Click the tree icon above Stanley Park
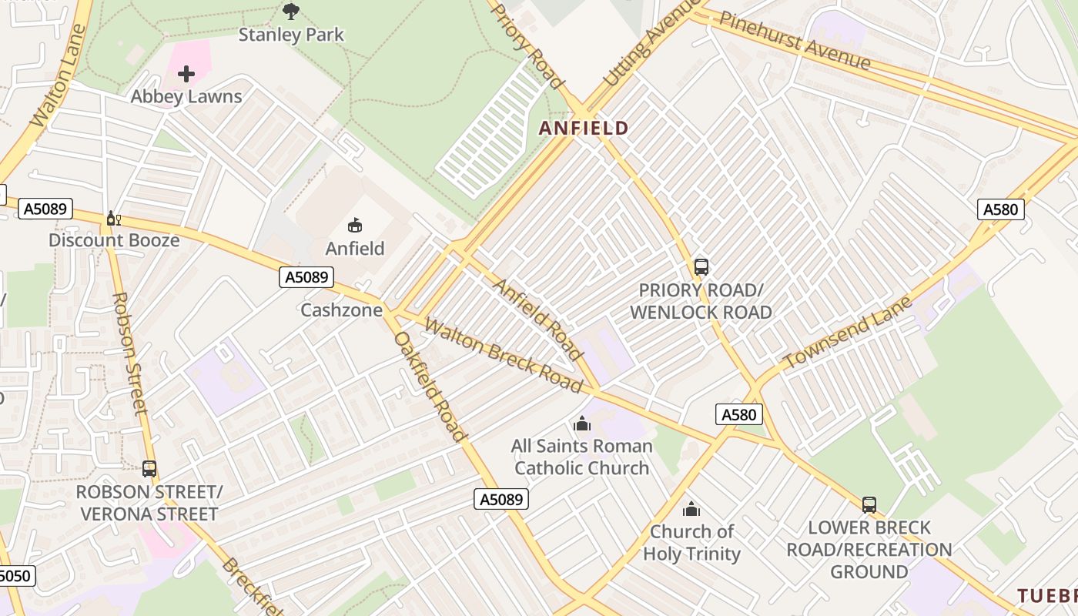(290, 11)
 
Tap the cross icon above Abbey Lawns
(186, 74)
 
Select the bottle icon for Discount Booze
(113, 219)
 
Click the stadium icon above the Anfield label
(355, 226)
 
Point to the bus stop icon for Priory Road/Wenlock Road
(701, 267)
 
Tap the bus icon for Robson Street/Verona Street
(149, 469)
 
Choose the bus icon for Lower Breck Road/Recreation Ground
(869, 505)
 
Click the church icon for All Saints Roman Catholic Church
(582, 423)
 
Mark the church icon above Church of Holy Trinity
(691, 509)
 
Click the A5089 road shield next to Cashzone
(306, 277)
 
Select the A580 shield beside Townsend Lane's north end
(1001, 209)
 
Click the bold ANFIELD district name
(584, 128)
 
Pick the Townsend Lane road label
(848, 332)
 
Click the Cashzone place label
(341, 310)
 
